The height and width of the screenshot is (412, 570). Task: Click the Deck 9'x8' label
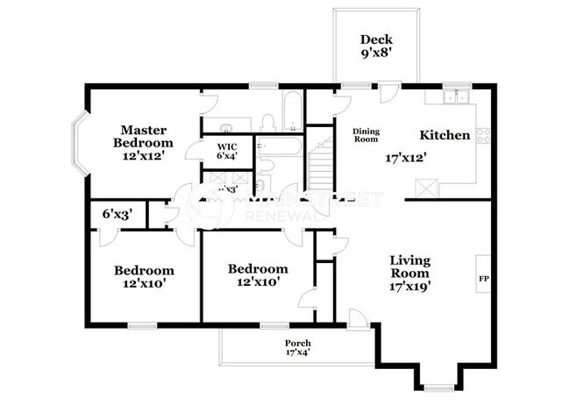tap(376, 46)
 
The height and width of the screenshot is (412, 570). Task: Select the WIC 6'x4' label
tap(228, 151)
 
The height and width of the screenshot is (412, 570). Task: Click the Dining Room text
tap(366, 135)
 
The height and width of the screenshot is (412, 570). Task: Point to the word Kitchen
tap(445, 135)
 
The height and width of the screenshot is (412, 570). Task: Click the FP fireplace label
tap(482, 279)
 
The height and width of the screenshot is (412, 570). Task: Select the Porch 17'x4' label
tap(298, 347)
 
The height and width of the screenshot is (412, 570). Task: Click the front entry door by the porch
tap(357, 319)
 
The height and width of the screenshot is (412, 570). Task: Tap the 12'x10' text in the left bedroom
tap(144, 283)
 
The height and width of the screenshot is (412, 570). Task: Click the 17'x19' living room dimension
tap(410, 285)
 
